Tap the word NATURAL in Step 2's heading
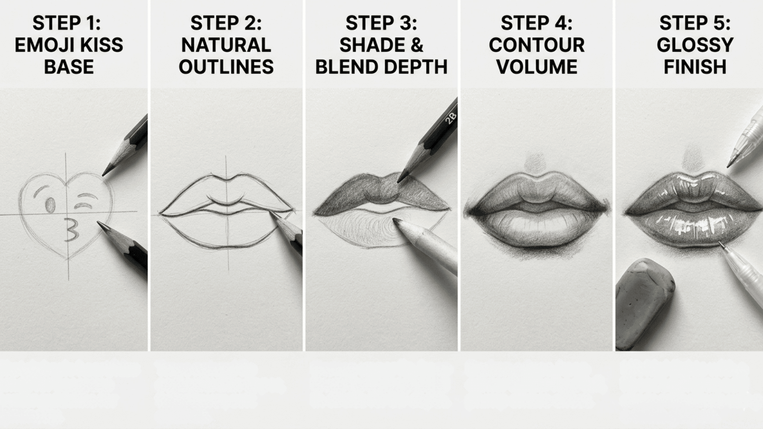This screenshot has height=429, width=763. tap(226, 45)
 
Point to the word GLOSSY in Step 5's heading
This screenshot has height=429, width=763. tap(695, 45)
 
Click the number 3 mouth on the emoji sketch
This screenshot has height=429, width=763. tap(71, 230)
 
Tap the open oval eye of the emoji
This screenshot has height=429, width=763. tap(50, 205)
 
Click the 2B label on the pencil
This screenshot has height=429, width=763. tap(451, 118)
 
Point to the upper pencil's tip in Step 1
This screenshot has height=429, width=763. tap(104, 175)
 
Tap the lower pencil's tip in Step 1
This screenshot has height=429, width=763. tap(99, 223)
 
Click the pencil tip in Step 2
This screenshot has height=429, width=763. tap(271, 214)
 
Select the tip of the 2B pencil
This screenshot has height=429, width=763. tap(399, 181)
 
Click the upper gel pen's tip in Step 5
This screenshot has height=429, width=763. tap(728, 166)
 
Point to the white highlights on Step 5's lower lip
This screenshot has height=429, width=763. tap(693, 228)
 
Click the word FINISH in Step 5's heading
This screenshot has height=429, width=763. tap(695, 67)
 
